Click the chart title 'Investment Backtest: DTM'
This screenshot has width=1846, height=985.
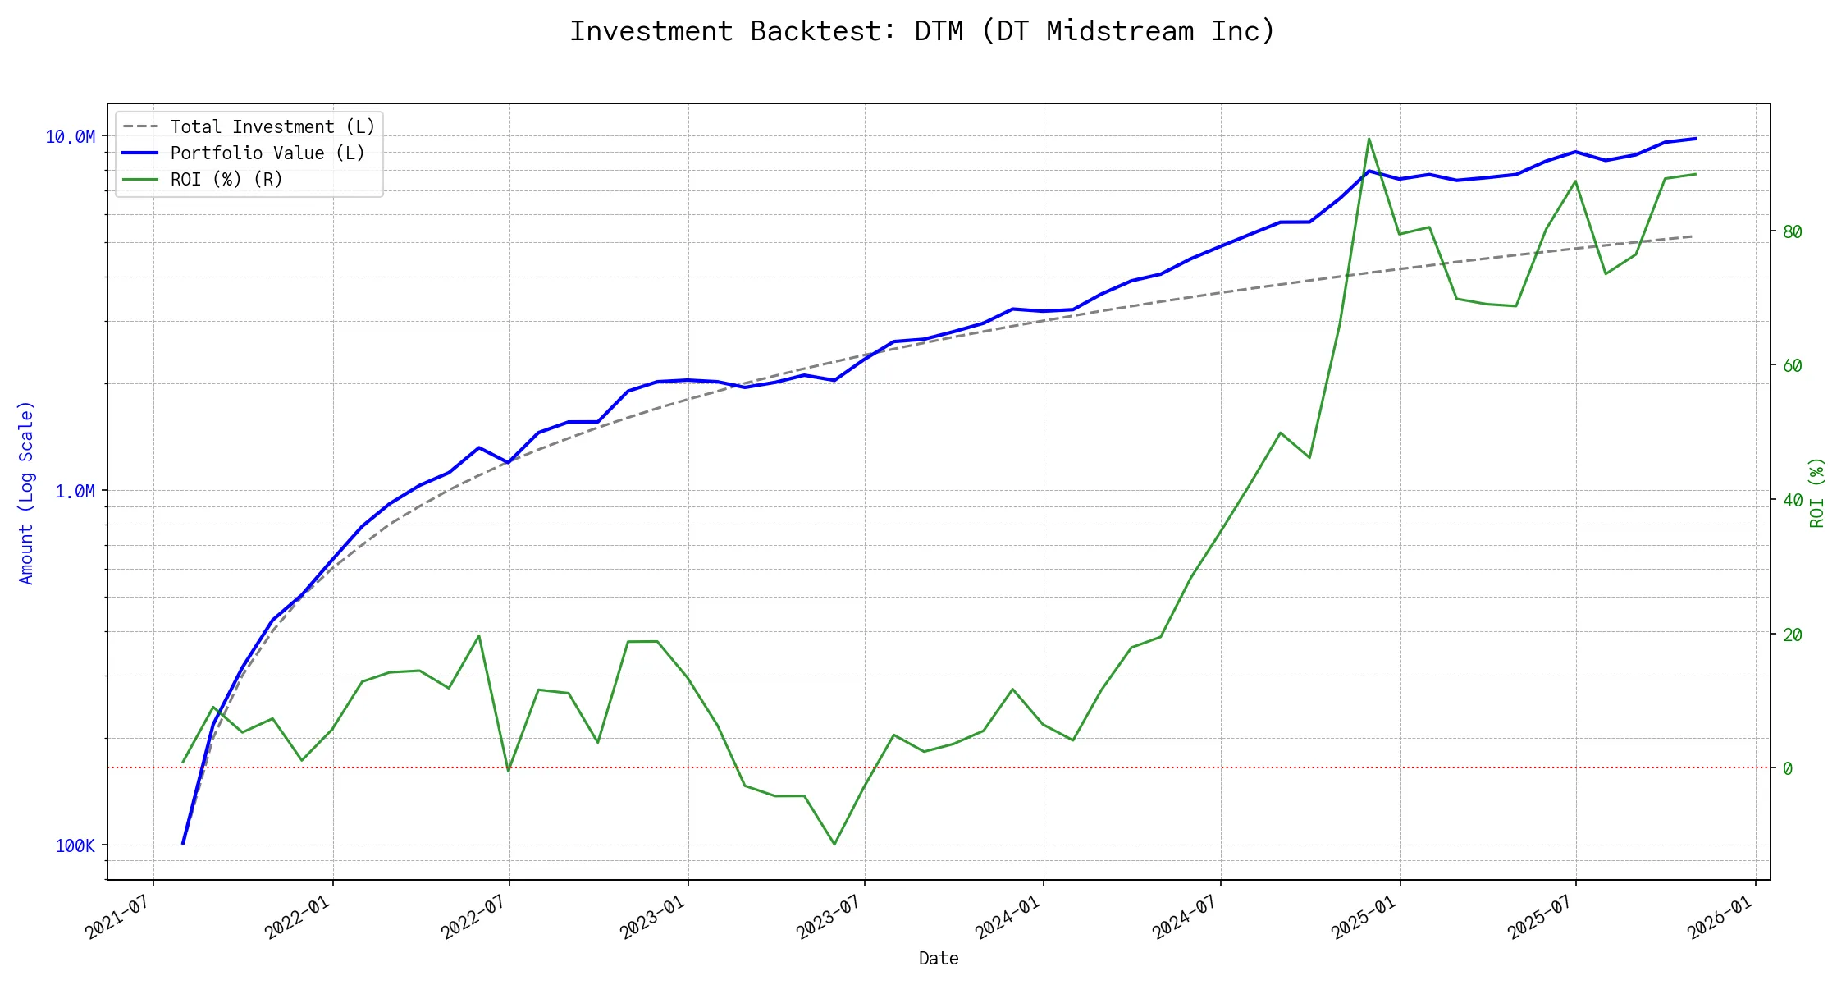(922, 31)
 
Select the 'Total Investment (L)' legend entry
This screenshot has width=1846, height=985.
(272, 127)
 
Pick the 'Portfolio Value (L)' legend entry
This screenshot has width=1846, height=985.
(267, 153)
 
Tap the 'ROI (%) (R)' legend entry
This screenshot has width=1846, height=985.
(226, 180)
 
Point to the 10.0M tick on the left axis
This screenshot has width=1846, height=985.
(70, 137)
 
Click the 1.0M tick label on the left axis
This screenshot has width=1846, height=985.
(75, 492)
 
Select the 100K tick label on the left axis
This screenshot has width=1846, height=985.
(75, 846)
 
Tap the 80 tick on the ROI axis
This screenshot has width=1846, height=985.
(1793, 232)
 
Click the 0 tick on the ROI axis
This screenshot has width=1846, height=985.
(1788, 769)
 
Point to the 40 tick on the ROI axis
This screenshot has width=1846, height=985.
(1793, 501)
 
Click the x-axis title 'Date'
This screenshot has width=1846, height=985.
(939, 959)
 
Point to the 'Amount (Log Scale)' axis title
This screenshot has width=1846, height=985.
(26, 492)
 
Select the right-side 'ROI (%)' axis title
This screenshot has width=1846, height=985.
(1817, 492)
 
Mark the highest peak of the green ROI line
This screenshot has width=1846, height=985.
(1369, 139)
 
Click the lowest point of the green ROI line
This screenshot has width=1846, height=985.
(834, 844)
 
